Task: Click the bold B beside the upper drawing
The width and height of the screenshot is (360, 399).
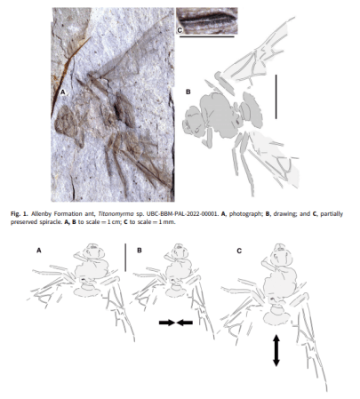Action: pyautogui.click(x=188, y=91)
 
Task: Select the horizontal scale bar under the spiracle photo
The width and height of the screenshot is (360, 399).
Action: pyautogui.click(x=206, y=37)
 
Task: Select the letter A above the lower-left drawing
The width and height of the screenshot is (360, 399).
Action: pyautogui.click(x=38, y=251)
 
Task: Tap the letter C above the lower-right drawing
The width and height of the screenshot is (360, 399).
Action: pyautogui.click(x=239, y=251)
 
